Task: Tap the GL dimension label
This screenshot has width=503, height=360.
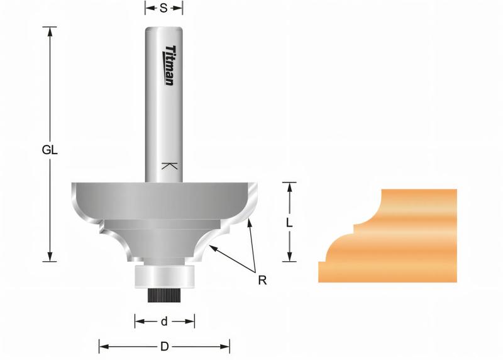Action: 50,150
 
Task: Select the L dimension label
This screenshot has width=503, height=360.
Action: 288,223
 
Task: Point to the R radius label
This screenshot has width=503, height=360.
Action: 262,279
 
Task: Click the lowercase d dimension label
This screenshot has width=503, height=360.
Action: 164,322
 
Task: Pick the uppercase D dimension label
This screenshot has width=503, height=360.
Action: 164,346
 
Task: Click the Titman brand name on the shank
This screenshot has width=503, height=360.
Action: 170,66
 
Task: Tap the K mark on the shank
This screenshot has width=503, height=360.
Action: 168,166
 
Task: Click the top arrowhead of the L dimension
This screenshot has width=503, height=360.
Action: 289,185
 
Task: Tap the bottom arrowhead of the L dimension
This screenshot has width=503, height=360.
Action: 289,258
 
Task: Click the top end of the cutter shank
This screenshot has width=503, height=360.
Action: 164,29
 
